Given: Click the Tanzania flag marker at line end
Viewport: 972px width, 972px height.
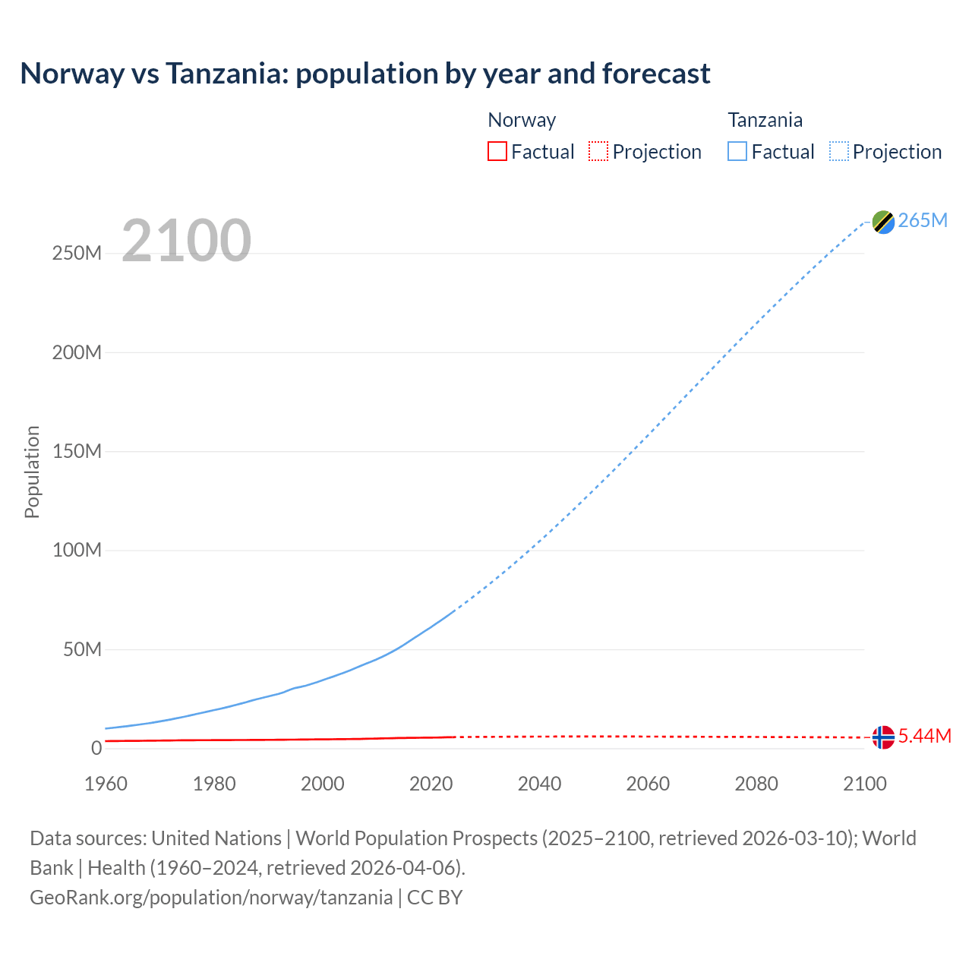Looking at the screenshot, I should pos(883,222).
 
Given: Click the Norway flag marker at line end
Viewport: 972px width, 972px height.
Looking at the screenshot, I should pos(883,737).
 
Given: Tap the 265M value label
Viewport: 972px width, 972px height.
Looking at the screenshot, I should pos(923,220).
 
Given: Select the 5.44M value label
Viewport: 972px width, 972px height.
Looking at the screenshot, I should pos(925,736).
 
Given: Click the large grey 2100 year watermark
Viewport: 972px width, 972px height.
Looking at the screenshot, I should pos(186,241).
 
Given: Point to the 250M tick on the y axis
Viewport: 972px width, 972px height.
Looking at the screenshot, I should pos(77,253).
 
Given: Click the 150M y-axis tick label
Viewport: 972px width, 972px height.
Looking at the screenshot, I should pos(77,451).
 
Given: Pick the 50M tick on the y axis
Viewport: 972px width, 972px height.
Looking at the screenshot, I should pos(82,649).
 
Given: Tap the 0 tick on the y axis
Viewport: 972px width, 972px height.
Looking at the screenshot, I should pos(96,748).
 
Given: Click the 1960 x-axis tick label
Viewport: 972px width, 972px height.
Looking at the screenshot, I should pos(106,784).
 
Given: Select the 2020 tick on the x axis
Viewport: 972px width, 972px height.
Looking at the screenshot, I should pos(431,784).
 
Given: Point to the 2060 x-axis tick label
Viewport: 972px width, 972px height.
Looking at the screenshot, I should pos(648,784).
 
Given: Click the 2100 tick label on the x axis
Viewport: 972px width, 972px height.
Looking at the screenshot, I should pos(864,784).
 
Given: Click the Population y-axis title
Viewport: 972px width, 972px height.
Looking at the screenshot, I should pos(32,472).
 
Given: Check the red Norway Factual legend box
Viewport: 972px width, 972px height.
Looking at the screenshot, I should pos(497,151).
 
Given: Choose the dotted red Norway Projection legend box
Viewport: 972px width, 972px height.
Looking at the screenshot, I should pos(598,151).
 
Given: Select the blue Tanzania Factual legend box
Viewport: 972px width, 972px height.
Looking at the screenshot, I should pos(737,151).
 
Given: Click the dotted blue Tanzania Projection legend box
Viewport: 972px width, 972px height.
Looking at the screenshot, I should pos(839,151).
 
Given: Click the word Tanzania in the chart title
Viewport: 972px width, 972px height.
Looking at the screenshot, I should pos(226,74).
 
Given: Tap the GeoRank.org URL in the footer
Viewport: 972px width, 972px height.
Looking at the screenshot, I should pos(211,897).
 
